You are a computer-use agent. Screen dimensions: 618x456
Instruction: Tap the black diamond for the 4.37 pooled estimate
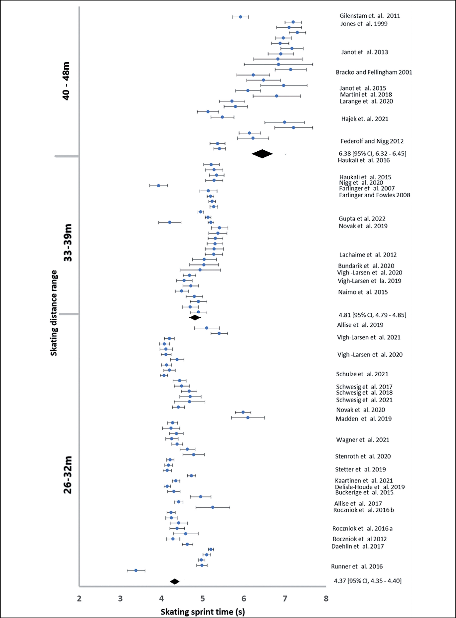click(174, 581)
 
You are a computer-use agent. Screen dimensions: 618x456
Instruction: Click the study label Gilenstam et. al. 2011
click(370, 16)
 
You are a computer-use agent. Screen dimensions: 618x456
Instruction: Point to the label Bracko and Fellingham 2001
click(374, 72)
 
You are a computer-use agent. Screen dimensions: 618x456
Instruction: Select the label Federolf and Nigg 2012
click(372, 141)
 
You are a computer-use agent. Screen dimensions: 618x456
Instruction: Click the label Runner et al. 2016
click(357, 566)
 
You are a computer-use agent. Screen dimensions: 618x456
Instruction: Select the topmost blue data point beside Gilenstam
click(240, 17)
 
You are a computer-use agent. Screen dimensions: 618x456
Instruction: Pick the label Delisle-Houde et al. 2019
click(370, 487)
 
